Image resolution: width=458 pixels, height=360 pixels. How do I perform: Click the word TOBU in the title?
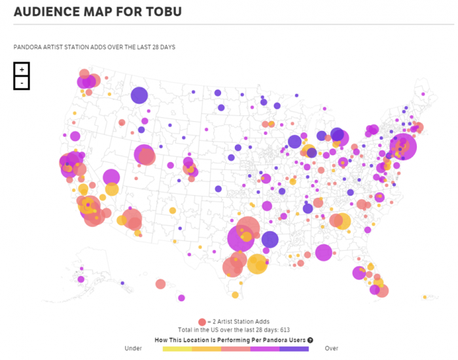pyautogui.click(x=161, y=12)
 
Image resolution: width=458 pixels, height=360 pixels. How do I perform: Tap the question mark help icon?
pyautogui.click(x=309, y=340)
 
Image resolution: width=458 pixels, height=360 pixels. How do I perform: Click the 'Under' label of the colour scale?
pyautogui.click(x=133, y=349)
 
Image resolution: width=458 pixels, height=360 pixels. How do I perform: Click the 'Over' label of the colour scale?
pyautogui.click(x=332, y=349)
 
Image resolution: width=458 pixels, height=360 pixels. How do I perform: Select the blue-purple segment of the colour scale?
pyautogui.click(x=294, y=349)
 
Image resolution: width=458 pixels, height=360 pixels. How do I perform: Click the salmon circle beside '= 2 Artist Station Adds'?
pyautogui.click(x=202, y=322)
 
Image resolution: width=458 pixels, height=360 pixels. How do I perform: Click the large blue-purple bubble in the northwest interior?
pyautogui.click(x=139, y=96)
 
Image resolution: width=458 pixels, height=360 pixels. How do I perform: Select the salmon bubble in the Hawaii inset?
pyautogui.click(x=160, y=284)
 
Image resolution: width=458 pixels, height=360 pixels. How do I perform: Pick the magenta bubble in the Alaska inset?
pyautogui.click(x=80, y=279)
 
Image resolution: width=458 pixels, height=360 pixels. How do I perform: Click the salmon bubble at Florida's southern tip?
pyautogui.click(x=382, y=291)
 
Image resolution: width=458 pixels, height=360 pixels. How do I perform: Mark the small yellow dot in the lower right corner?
pyautogui.click(x=425, y=297)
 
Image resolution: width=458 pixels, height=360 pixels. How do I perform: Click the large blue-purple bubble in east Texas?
pyautogui.click(x=270, y=240)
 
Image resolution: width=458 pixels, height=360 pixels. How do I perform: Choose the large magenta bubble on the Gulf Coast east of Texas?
pyautogui.click(x=323, y=252)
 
